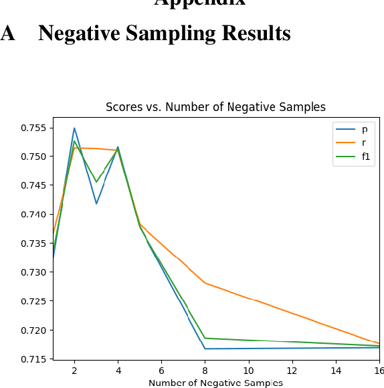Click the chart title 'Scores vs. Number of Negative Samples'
pyautogui.click(x=215, y=107)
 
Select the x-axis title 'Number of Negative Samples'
pyautogui.click(x=215, y=383)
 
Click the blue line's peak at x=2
pyautogui.click(x=74, y=128)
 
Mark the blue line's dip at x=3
pyautogui.click(x=96, y=203)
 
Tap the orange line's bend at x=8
pyautogui.click(x=205, y=283)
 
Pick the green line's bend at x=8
pyautogui.click(x=205, y=338)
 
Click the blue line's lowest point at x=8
pyautogui.click(x=205, y=349)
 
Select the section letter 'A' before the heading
pyautogui.click(x=7, y=33)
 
